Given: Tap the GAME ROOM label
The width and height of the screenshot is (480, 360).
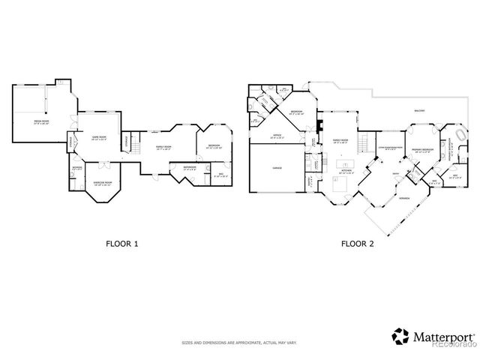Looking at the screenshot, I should (99, 138).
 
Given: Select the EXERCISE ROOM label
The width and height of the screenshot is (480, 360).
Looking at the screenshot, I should (103, 182).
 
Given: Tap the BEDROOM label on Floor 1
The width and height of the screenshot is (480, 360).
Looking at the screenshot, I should (214, 146).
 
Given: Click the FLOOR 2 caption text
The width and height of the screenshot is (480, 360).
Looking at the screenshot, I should (358, 243).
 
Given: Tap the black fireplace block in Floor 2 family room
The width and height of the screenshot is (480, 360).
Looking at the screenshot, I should (319, 124).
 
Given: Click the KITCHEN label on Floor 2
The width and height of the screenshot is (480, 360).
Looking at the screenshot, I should (346, 171).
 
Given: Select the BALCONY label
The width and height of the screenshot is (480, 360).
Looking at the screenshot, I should (420, 111).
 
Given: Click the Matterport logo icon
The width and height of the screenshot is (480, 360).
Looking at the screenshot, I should (401, 335).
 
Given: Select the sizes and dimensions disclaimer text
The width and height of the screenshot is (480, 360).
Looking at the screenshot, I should (239, 343).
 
